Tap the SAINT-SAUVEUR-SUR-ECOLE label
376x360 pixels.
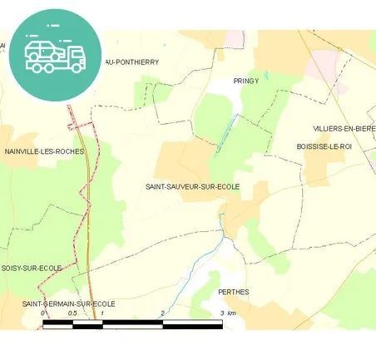[191, 186]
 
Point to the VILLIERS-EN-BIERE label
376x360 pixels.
[344, 129]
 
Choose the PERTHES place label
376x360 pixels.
[233, 292]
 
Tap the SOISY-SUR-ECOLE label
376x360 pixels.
[32, 268]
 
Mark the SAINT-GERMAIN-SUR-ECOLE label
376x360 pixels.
[68, 303]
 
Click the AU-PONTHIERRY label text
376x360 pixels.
[131, 62]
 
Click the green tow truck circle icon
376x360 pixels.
[56, 53]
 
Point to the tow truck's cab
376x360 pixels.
[76, 56]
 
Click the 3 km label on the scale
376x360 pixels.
[229, 313]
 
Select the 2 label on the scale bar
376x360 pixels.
[163, 313]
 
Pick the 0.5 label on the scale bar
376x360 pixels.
[72, 313]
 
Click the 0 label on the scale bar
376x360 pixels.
[43, 313]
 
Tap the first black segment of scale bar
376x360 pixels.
[58, 324]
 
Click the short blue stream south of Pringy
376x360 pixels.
[225, 133]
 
